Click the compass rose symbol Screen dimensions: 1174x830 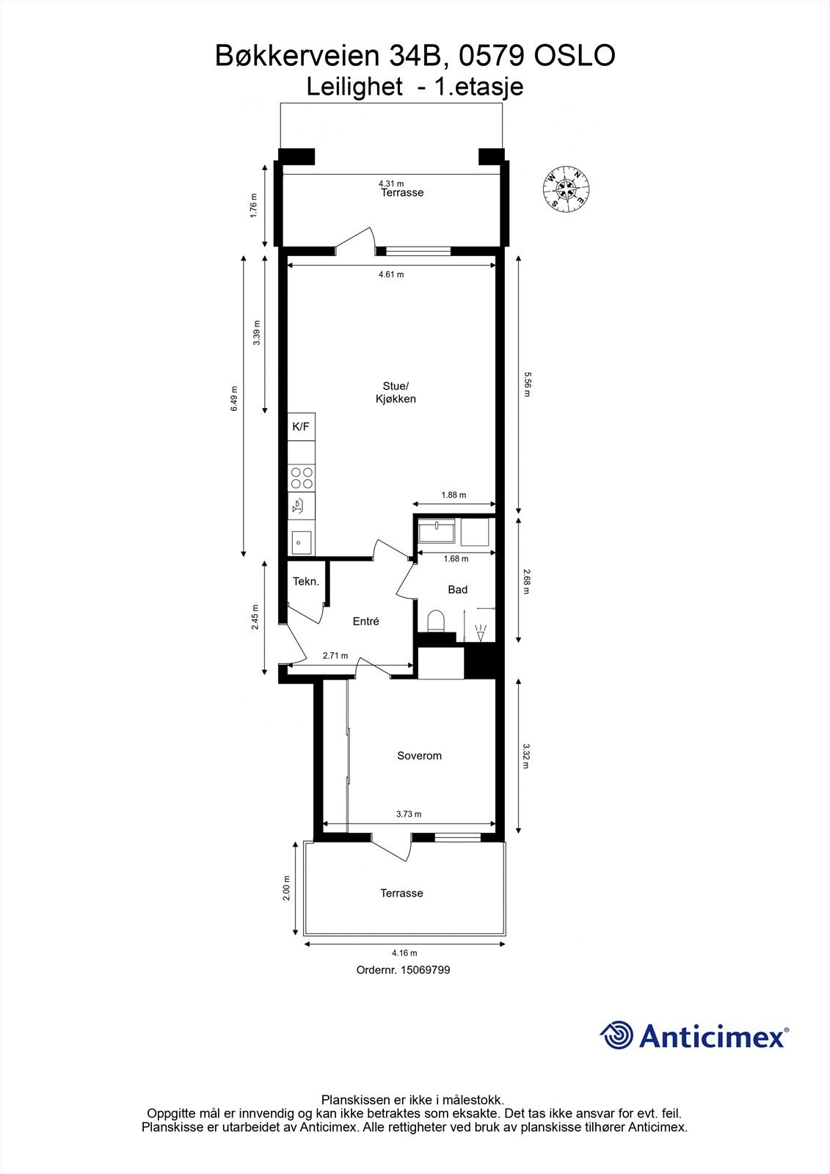567,189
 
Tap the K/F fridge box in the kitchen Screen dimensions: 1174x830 301,426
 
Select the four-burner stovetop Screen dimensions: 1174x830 302,478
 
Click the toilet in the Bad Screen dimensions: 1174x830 436,621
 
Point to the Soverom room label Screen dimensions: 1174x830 419,756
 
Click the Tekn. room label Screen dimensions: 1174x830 306,582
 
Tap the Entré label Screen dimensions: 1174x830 365,621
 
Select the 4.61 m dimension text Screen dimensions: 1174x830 390,274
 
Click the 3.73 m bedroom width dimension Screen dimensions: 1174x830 409,814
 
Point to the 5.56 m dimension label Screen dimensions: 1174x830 526,384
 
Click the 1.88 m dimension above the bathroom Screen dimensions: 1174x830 454,495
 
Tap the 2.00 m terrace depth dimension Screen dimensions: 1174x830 287,888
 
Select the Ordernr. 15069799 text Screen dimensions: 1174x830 403,970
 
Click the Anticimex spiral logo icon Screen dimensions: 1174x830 616,1035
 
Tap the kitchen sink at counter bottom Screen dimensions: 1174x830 301,542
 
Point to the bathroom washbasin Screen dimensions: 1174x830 437,530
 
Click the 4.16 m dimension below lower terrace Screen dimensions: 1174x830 404,953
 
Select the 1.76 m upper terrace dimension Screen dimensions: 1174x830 254,205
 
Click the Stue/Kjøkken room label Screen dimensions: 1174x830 396,393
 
